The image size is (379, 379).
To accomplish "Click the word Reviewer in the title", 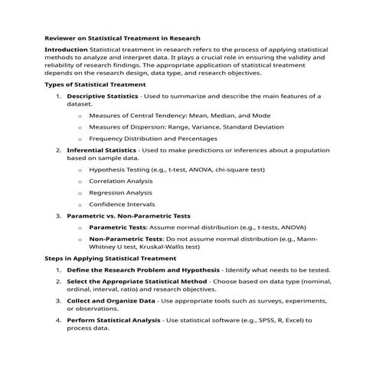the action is [x=60, y=38].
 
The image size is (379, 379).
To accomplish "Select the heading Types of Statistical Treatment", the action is [x=95, y=84].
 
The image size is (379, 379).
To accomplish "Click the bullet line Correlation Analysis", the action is [x=120, y=181].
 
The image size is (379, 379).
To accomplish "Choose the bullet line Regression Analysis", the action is [x=119, y=193].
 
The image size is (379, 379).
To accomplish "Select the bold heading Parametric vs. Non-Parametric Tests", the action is [x=129, y=216].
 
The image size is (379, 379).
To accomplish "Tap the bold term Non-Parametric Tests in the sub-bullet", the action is [x=126, y=239].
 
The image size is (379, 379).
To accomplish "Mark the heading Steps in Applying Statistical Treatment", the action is [x=111, y=259].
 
